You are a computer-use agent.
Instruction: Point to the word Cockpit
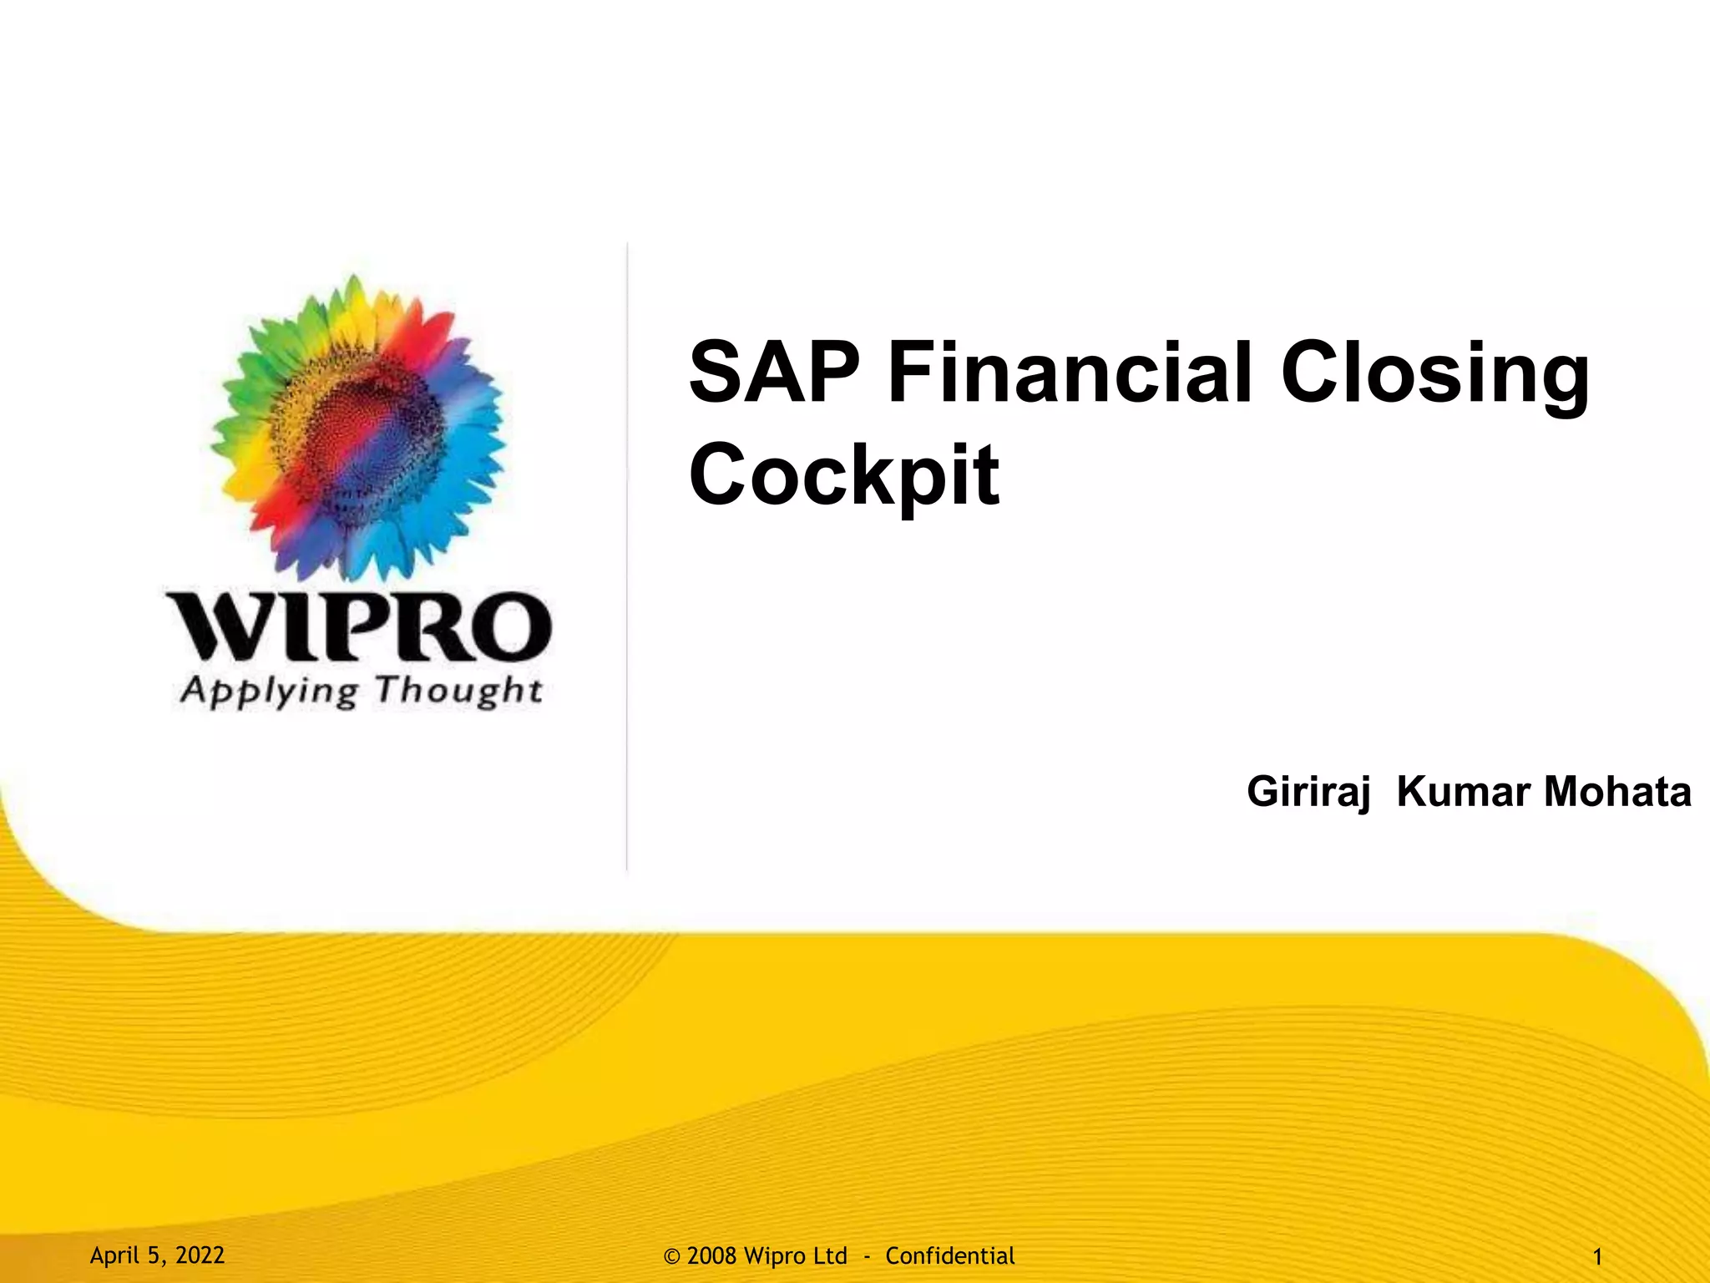(843, 474)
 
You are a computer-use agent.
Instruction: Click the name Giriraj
(1308, 792)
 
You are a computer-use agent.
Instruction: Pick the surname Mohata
(1617, 792)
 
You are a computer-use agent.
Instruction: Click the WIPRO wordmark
(359, 627)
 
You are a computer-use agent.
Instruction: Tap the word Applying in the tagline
(269, 692)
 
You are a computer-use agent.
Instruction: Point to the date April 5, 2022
(157, 1255)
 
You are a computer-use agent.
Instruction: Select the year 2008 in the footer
(711, 1256)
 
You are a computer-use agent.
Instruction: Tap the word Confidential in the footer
(949, 1256)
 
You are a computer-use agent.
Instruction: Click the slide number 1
(1597, 1257)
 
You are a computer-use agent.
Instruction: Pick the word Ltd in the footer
(830, 1256)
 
